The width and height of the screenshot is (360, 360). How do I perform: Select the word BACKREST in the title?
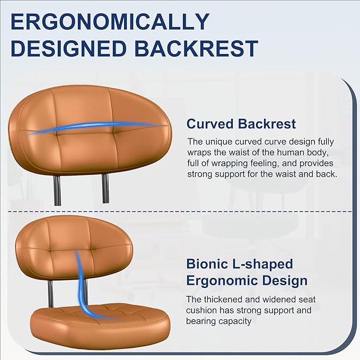[197, 48]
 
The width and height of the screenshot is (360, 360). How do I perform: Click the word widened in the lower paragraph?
[274, 299]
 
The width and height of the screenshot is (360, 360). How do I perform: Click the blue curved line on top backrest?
[95, 127]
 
